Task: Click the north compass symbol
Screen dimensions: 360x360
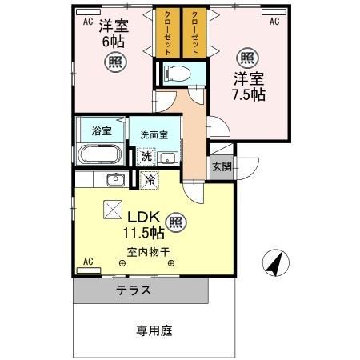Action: click(x=274, y=261)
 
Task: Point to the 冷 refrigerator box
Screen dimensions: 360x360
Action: click(x=149, y=181)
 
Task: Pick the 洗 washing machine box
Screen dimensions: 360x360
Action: click(x=146, y=156)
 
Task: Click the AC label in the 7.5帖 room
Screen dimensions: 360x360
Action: click(x=274, y=22)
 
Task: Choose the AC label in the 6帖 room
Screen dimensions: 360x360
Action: click(x=88, y=22)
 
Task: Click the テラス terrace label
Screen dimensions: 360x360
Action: click(x=134, y=290)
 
